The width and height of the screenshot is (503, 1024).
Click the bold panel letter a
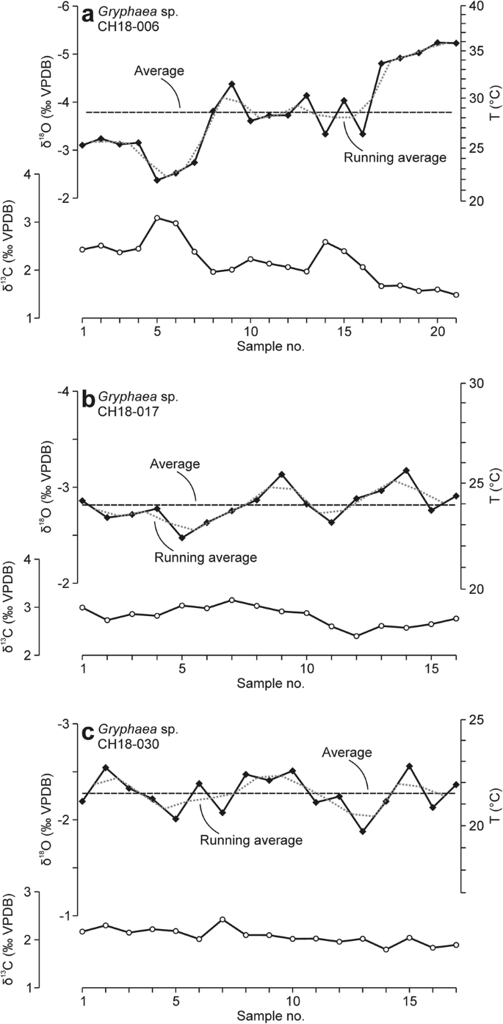[x=88, y=13]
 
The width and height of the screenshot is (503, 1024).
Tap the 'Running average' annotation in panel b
[x=205, y=556]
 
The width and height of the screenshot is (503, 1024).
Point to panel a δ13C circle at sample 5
[x=157, y=218]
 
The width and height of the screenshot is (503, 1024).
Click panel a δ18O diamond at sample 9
[x=231, y=85]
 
